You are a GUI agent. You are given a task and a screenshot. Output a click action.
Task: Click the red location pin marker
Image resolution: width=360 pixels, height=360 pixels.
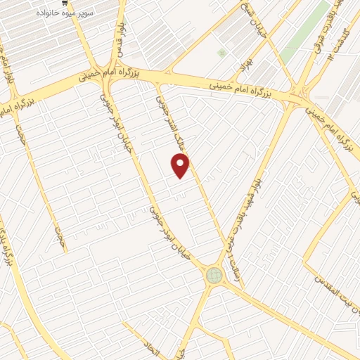click(x=181, y=165)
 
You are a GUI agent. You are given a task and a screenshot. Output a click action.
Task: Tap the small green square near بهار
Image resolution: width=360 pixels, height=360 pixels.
click(x=222, y=53)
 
